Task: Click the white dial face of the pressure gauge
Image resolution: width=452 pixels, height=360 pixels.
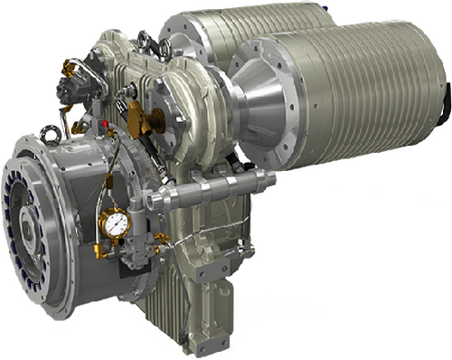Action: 115,223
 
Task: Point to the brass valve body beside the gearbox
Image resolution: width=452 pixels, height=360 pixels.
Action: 137,115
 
